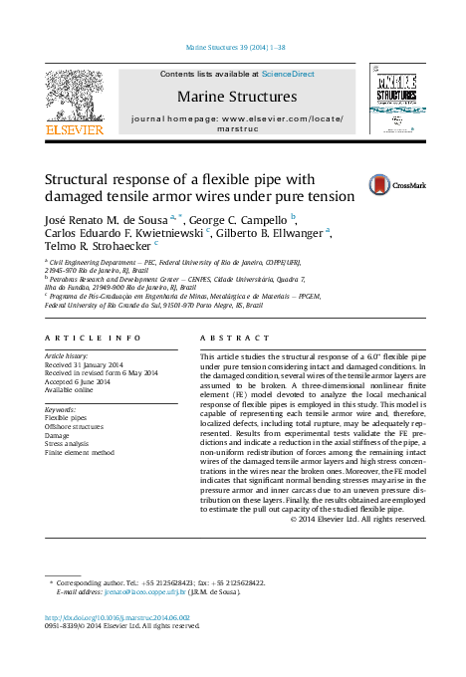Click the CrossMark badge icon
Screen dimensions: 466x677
point(383,184)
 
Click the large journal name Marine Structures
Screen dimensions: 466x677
point(236,97)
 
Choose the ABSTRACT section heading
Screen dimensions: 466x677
point(223,338)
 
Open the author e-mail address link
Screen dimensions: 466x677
point(136,591)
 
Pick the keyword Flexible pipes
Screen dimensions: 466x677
point(66,418)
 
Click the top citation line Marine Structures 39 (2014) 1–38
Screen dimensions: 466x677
point(236,47)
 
